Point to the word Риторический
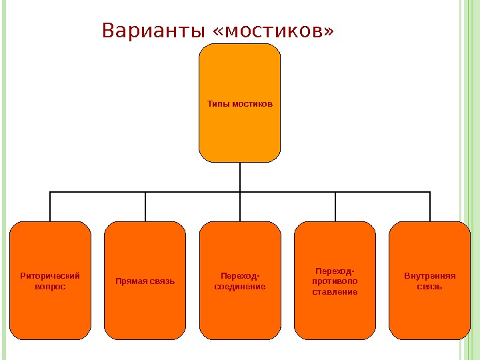point(50,275)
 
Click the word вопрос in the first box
point(50,286)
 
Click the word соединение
point(240,286)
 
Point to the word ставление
point(335,291)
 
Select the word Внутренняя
point(430,275)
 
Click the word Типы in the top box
point(219,104)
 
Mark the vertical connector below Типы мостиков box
point(240,177)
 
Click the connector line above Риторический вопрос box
point(50,207)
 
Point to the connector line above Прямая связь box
point(145,207)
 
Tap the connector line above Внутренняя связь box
point(430,207)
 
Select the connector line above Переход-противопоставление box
point(335,207)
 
